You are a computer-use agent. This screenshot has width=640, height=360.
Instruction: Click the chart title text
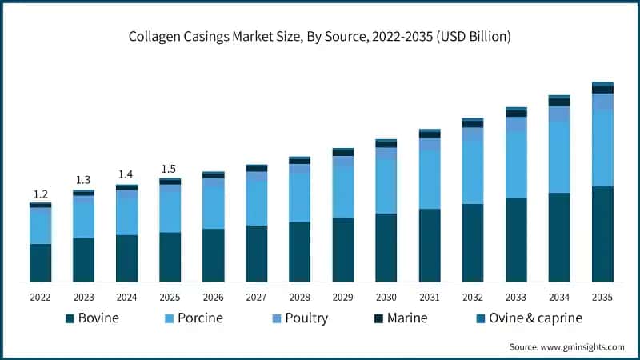coord(320,37)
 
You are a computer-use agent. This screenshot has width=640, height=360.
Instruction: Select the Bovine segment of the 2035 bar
coord(602,234)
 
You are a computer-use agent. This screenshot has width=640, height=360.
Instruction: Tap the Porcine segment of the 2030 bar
coord(386,186)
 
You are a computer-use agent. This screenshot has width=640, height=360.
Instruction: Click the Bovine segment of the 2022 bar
coord(41,262)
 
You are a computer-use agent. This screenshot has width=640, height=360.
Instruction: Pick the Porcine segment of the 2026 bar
coord(214,208)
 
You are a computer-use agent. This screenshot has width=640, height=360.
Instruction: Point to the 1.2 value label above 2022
coord(41,194)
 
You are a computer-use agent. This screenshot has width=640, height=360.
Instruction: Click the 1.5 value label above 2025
coord(170,169)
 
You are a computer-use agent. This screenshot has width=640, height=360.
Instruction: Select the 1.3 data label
coord(83,180)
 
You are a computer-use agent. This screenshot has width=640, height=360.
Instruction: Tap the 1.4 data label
coord(126,174)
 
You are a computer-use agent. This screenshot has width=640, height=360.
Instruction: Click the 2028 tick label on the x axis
coord(299,297)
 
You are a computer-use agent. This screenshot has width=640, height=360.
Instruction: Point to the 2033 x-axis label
coord(516,297)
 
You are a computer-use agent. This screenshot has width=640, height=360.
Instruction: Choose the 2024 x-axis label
coord(126,297)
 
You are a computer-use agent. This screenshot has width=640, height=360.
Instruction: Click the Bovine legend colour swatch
coord(70,318)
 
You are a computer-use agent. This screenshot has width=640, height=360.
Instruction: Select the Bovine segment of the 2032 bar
coord(473,242)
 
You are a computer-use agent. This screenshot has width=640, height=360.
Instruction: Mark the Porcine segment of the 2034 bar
coord(559,157)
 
